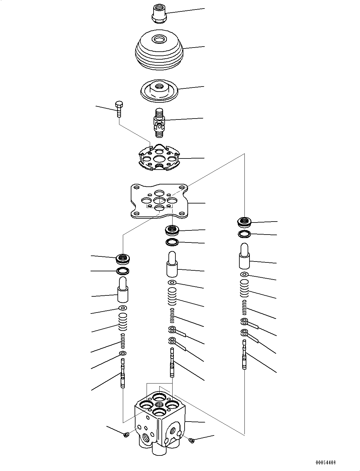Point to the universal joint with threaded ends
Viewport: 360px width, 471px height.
click(x=159, y=122)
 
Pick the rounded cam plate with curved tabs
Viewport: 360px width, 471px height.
click(x=159, y=158)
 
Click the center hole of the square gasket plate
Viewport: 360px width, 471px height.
click(x=159, y=200)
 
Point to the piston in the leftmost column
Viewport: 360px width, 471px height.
click(x=123, y=290)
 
